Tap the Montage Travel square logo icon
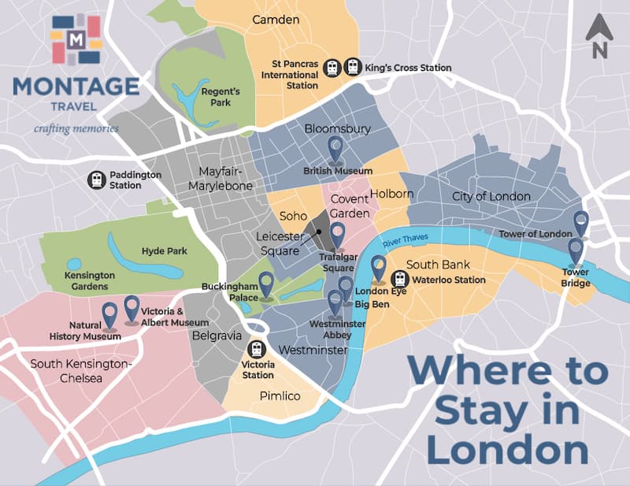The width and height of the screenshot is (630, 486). pyautogui.click(x=76, y=39)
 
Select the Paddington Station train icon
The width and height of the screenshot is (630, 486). pyautogui.click(x=96, y=180)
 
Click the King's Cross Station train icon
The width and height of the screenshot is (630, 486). pyautogui.click(x=352, y=68)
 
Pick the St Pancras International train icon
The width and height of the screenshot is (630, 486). pyautogui.click(x=333, y=68)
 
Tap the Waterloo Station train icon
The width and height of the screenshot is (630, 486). pyautogui.click(x=400, y=279)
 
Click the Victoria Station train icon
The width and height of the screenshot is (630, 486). pyautogui.click(x=257, y=349)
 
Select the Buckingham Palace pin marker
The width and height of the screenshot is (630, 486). pyautogui.click(x=266, y=284)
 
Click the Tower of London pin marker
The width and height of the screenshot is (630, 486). pyautogui.click(x=581, y=223)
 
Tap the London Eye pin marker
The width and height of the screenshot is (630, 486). pyautogui.click(x=379, y=268)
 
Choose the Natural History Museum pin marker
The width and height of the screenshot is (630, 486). pyautogui.click(x=109, y=314)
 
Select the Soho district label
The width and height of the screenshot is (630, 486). pyautogui.click(x=293, y=216)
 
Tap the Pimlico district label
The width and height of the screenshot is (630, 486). pyautogui.click(x=280, y=395)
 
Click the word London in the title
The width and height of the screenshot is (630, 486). pyautogui.click(x=508, y=451)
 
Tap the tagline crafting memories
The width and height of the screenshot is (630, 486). pyautogui.click(x=76, y=128)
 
